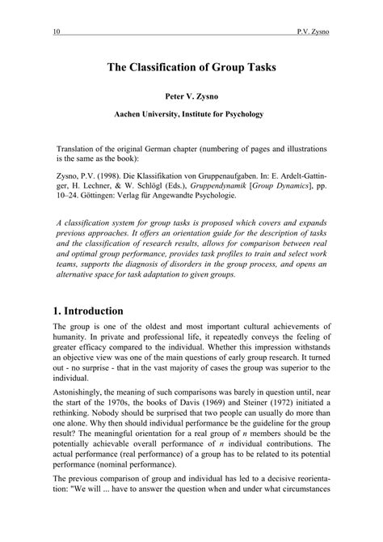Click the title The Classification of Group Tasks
pyautogui.click(x=191, y=70)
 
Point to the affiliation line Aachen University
pyautogui.click(x=191, y=115)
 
